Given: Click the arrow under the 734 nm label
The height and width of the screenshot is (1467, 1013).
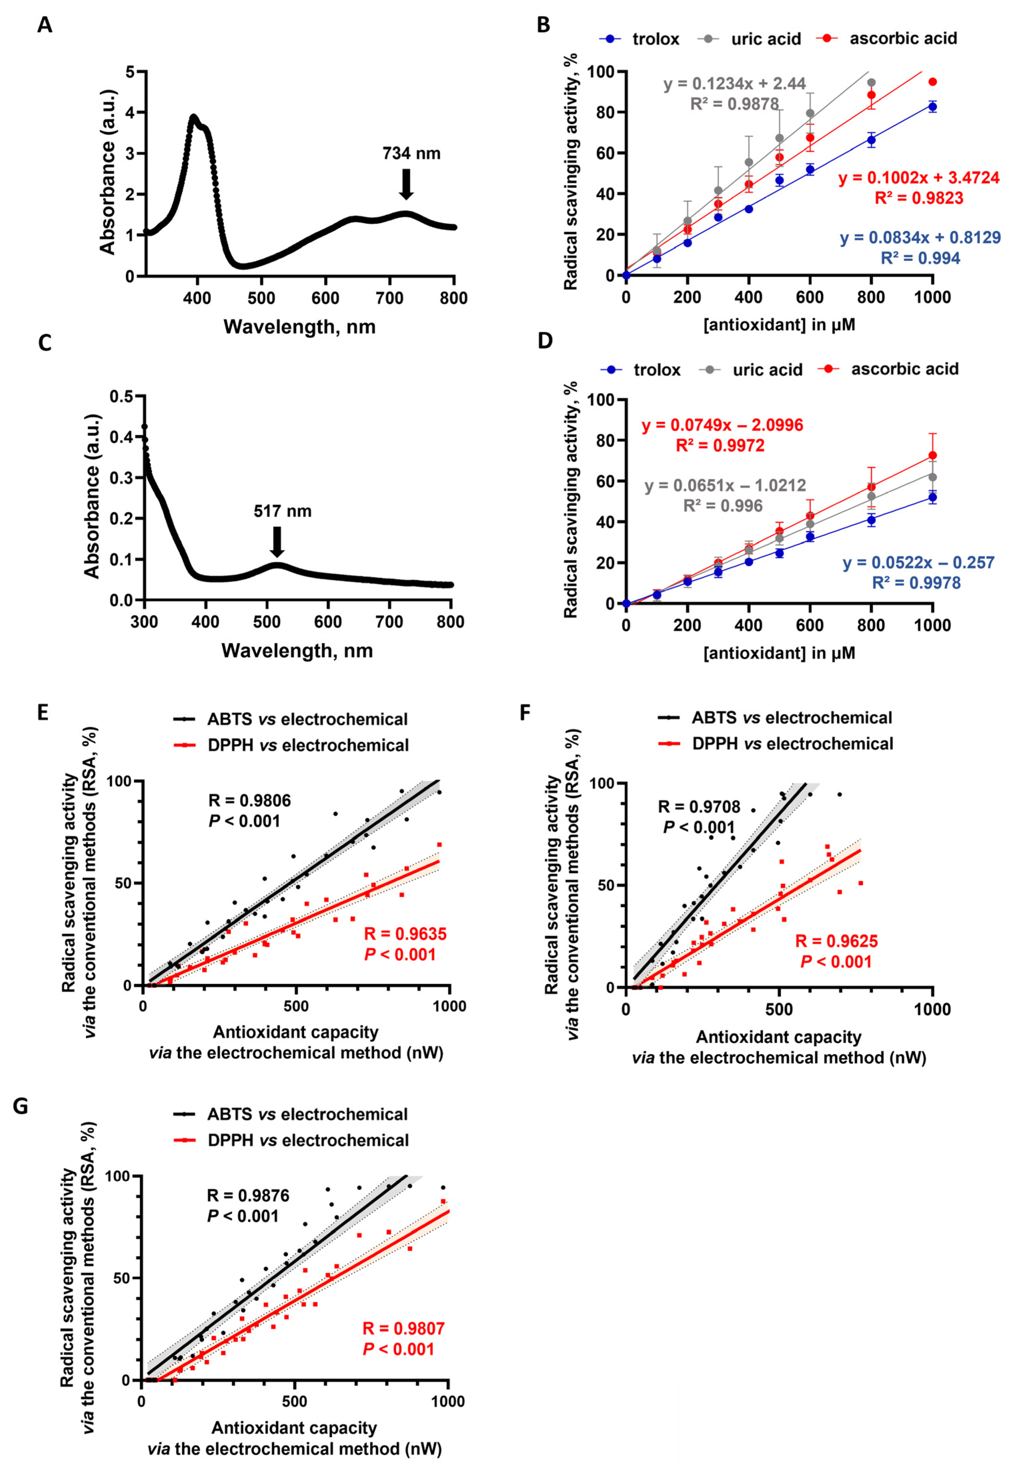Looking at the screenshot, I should [x=406, y=184].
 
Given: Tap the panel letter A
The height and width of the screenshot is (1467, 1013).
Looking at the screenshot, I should [x=44, y=25].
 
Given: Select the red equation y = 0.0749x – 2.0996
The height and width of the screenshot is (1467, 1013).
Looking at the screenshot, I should [x=722, y=425].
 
